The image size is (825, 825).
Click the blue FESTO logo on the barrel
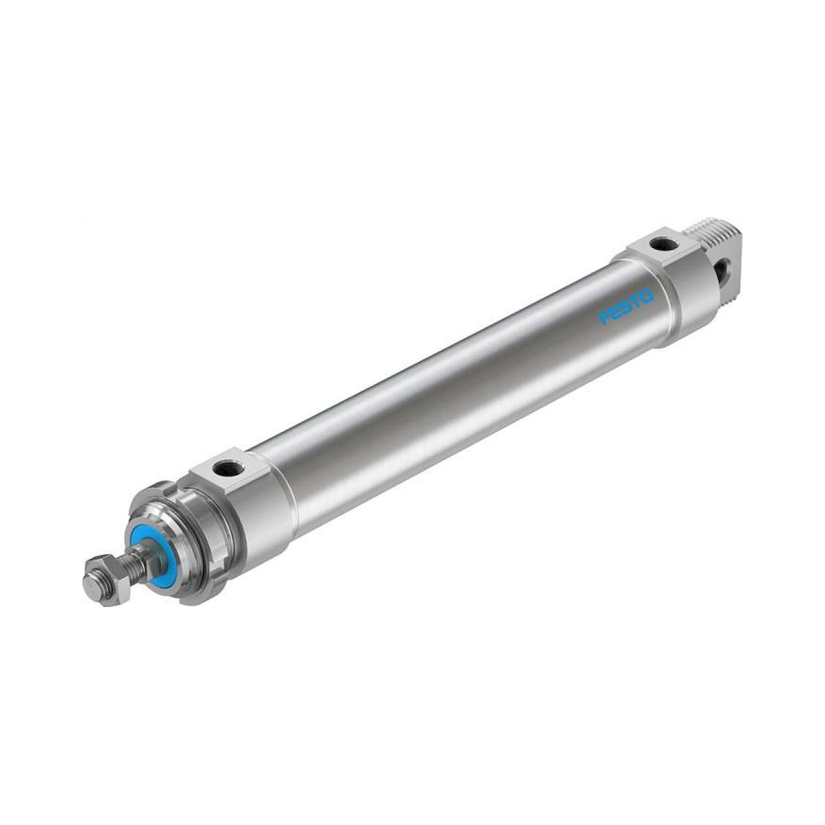tap(627, 307)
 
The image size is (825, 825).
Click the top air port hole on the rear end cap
tap(663, 245)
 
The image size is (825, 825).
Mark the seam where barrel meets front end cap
tap(287, 495)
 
